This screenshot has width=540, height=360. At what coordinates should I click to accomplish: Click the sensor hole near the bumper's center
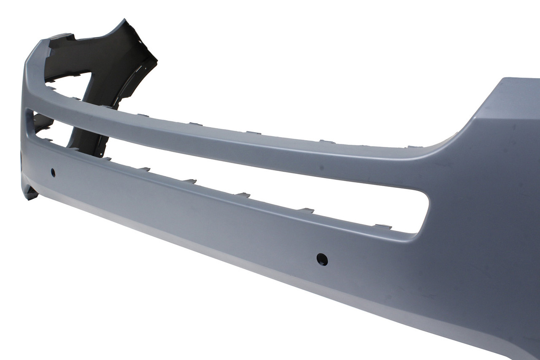(322, 259)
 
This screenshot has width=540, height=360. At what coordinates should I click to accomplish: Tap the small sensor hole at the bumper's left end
(53, 172)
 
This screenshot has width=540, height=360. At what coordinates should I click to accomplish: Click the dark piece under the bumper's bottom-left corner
(30, 194)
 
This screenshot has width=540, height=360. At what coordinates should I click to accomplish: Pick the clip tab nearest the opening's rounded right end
(383, 227)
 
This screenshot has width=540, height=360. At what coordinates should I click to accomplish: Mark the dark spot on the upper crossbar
(321, 168)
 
